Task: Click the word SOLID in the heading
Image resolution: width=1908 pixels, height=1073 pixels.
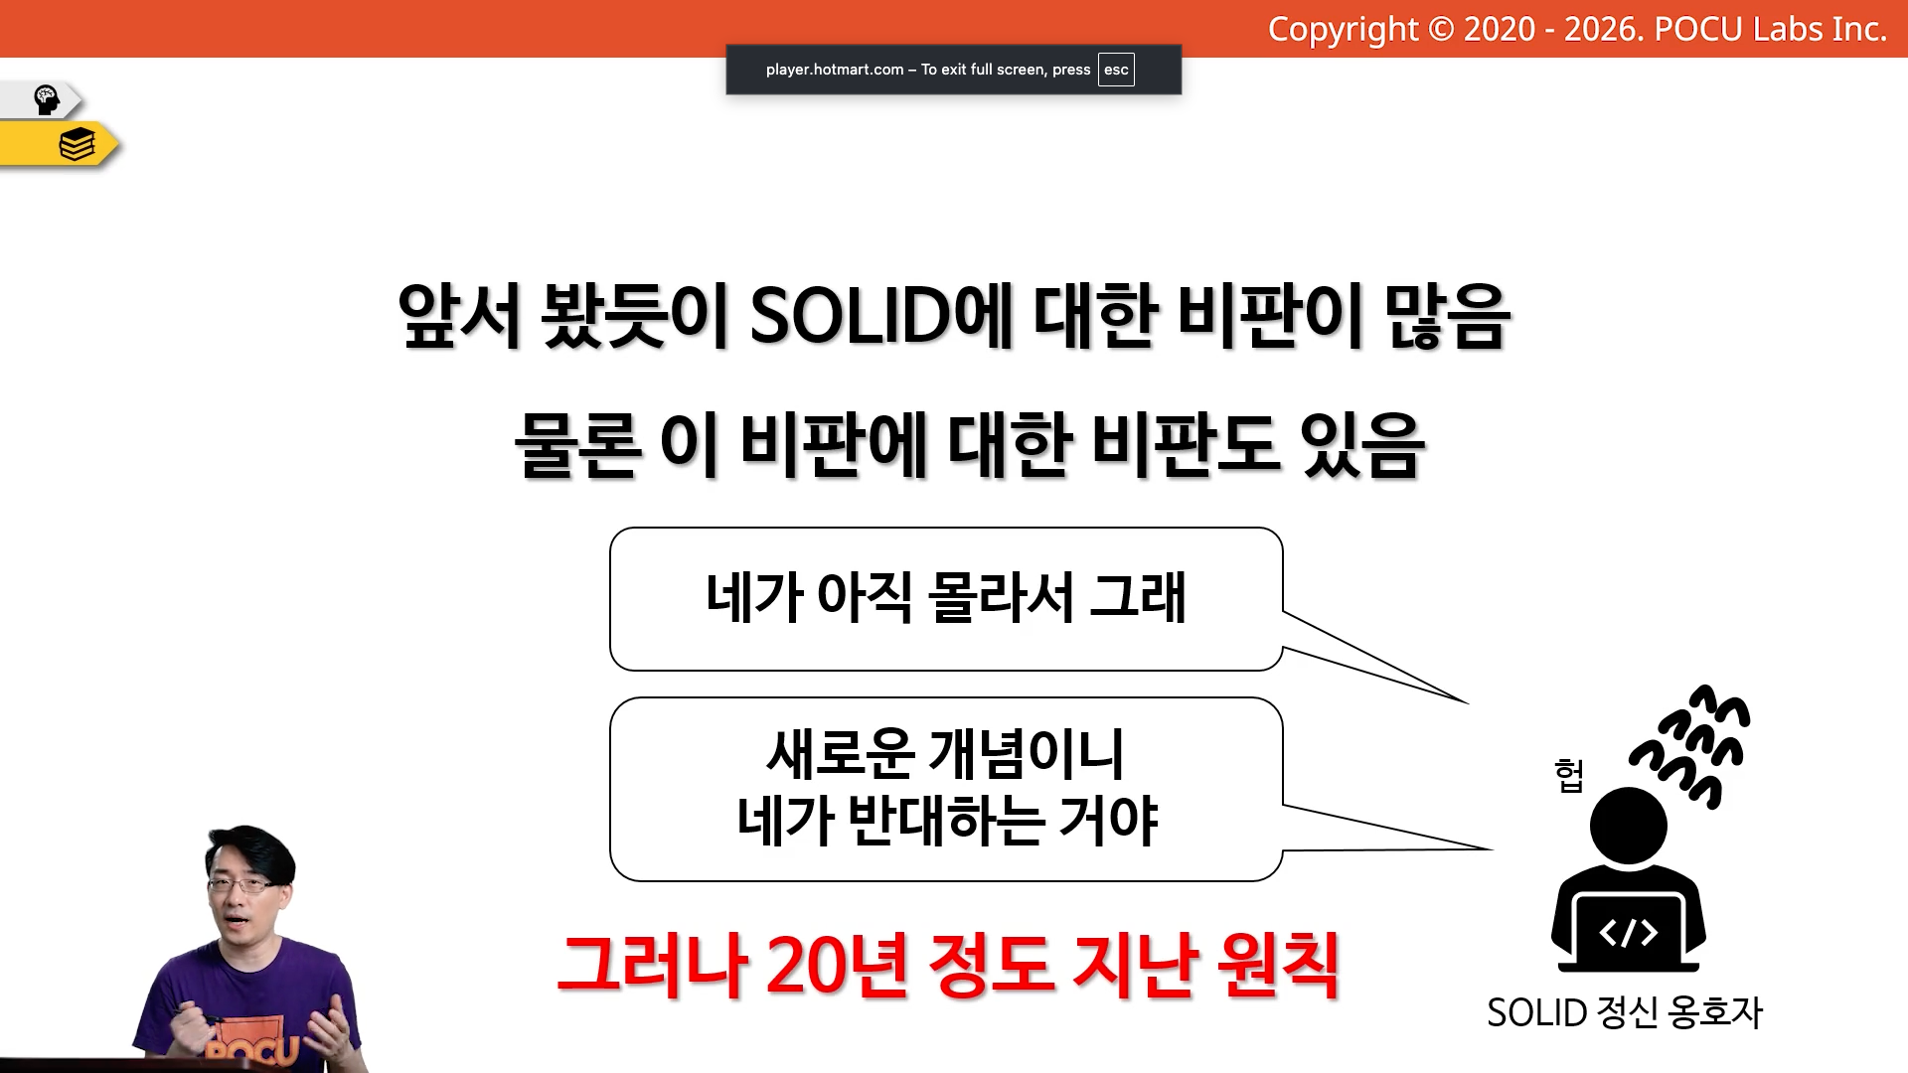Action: point(851,315)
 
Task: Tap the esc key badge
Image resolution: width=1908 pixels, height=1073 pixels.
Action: point(1116,70)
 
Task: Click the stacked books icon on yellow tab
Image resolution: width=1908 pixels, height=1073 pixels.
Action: point(77,145)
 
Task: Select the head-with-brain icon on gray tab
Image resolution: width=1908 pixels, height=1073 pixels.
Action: point(47,99)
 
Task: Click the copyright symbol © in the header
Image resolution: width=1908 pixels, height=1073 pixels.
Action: point(1441,30)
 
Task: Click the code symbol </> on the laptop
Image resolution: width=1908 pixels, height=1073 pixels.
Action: point(1628,932)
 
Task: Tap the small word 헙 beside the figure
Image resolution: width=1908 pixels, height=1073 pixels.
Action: point(1569,775)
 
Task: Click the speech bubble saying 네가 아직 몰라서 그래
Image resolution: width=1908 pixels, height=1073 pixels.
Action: point(946,599)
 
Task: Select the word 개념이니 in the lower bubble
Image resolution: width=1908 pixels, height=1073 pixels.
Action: point(1026,753)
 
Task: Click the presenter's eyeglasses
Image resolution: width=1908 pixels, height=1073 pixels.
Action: point(242,884)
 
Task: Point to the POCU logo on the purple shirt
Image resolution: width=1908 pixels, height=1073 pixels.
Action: point(252,1051)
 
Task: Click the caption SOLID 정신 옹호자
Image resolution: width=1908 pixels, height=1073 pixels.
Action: point(1625,1013)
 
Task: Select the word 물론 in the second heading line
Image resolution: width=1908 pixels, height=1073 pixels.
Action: point(577,444)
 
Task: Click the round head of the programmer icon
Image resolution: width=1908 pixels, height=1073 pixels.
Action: point(1628,826)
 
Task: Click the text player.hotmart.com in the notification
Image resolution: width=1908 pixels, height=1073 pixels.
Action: point(835,70)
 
